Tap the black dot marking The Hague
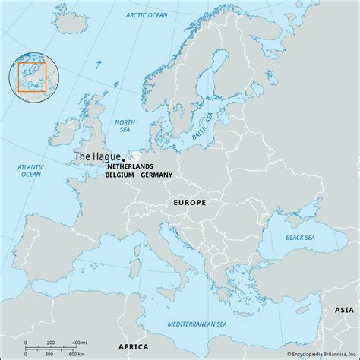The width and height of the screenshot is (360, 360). point(113,159)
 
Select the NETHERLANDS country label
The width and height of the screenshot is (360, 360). point(130,166)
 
